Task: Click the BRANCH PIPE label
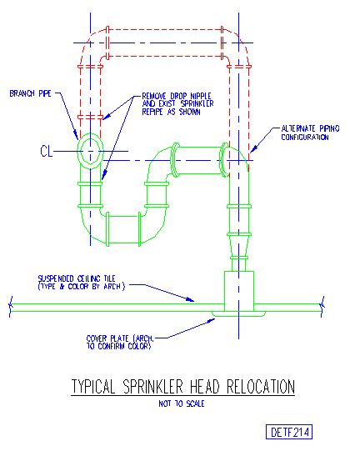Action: [31, 93]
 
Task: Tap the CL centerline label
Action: [46, 152]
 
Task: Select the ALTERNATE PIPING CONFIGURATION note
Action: [310, 133]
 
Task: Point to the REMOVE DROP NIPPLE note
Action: [177, 104]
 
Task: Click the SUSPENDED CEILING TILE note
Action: [82, 283]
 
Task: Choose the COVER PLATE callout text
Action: [119, 343]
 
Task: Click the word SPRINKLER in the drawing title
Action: [153, 387]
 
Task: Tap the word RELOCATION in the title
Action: [261, 387]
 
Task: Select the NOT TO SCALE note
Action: [182, 403]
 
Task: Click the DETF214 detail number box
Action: [289, 432]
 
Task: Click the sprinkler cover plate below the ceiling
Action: [238, 314]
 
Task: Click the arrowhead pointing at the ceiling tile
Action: [190, 299]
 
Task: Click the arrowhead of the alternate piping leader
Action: [252, 149]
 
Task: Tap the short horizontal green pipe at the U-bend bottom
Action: [123, 229]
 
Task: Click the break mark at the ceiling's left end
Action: [11, 307]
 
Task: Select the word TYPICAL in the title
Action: [93, 387]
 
